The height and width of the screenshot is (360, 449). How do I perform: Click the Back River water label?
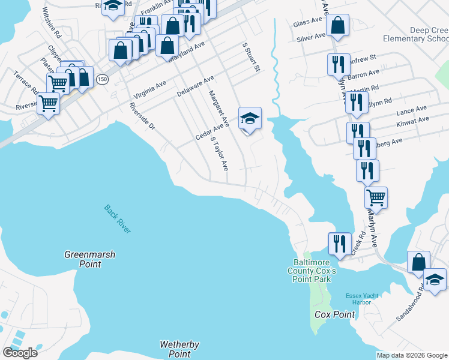click(117, 219)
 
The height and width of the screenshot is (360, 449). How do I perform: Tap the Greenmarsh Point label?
click(89, 259)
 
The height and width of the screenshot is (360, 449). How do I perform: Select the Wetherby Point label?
click(179, 349)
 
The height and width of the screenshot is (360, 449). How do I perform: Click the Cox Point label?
click(335, 314)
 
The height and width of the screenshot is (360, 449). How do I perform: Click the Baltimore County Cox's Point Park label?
click(315, 270)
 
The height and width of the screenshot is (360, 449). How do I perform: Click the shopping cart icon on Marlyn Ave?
click(376, 196)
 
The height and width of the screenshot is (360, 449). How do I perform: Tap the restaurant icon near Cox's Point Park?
click(340, 243)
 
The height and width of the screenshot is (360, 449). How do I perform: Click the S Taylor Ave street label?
click(219, 154)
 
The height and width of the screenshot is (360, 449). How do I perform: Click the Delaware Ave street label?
click(195, 87)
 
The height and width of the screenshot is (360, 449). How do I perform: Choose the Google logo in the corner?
click(20, 353)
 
